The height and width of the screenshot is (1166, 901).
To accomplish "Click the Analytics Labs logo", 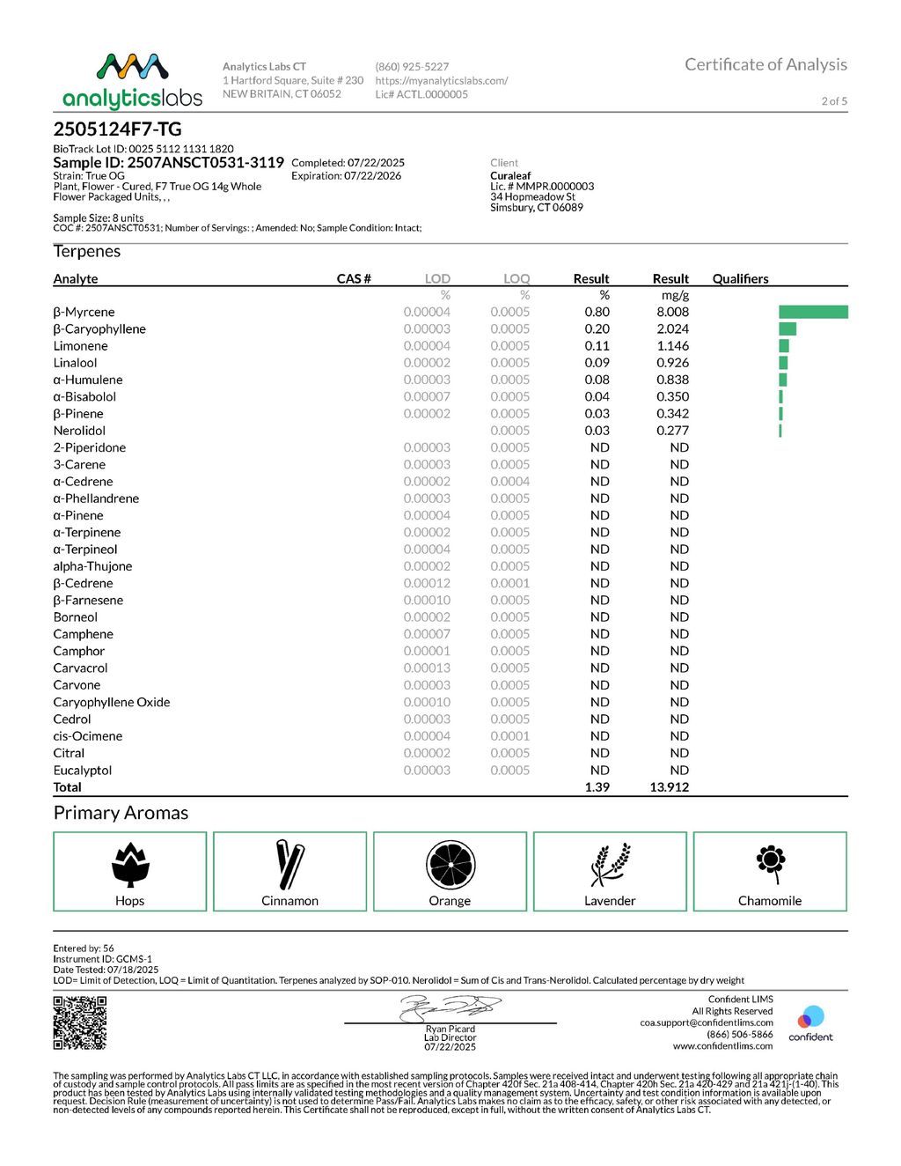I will coord(132,80).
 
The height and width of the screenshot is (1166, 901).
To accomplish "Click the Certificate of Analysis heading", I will coord(765,64).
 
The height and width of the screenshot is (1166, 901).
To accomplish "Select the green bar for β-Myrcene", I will coord(813,312).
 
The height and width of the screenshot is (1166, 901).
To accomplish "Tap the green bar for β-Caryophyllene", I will coord(787,328).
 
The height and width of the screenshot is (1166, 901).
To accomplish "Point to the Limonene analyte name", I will coord(80,346).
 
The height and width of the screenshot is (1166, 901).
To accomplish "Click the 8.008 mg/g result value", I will coord(672,312).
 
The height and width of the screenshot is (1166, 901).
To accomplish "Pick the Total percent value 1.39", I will coord(597,787).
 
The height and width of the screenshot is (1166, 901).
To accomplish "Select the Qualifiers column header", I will coord(740,278).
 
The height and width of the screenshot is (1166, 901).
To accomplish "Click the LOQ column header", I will coord(516,278).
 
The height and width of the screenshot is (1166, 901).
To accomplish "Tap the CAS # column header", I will coord(354,278).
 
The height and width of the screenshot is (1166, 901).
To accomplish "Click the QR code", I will coord(80,1022).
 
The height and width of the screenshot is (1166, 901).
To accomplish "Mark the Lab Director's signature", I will coord(450,1007).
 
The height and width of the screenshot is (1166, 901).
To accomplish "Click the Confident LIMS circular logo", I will coord(810,1018).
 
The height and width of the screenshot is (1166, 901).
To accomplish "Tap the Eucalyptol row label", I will coord(83,771).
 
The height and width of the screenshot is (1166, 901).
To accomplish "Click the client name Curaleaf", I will coord(510,175).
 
